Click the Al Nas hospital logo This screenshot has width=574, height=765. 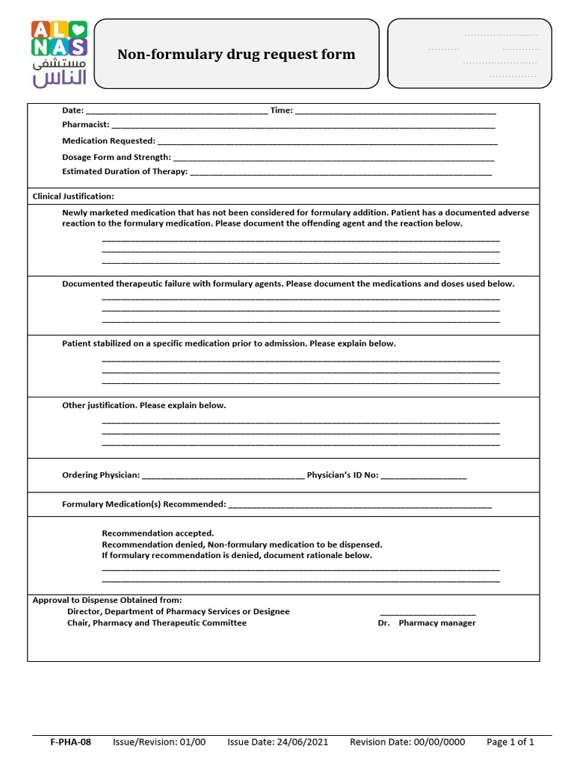[59, 53]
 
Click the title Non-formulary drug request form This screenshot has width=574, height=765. [236, 55]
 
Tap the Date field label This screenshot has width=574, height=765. [72, 111]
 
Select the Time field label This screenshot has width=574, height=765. [281, 111]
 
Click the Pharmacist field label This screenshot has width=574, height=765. [85, 125]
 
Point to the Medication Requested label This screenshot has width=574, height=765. [108, 140]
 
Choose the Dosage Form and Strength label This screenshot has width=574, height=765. [116, 157]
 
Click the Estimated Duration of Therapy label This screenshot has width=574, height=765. [124, 171]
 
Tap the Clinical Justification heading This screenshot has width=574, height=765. [73, 196]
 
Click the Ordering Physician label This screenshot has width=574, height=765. [100, 475]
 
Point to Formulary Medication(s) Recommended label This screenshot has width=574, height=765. [143, 504]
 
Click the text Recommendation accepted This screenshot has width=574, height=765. [158, 533]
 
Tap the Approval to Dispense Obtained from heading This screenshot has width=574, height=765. [107, 600]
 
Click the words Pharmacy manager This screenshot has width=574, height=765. [436, 623]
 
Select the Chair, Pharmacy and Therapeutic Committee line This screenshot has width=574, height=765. [156, 623]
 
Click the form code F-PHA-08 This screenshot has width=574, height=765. [70, 742]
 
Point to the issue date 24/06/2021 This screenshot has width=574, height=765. [277, 742]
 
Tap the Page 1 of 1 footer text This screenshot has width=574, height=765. [510, 742]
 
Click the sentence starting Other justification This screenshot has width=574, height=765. [143, 406]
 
